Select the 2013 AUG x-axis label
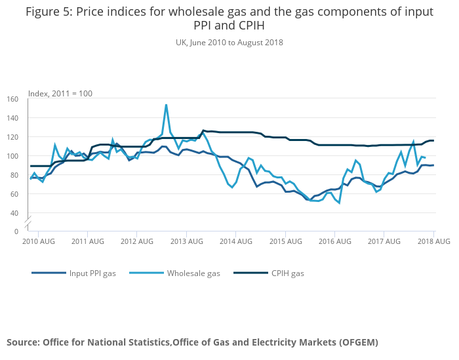(x=186, y=242)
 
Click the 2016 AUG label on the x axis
(x=334, y=242)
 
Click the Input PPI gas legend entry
(x=92, y=273)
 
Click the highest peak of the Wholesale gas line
(x=166, y=104)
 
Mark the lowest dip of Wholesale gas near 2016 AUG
(x=339, y=203)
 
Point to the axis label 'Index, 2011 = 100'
(x=60, y=94)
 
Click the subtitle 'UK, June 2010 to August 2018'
(x=229, y=43)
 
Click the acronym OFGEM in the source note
(x=357, y=342)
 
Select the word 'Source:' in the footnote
(x=23, y=342)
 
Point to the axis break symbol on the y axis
(x=28, y=224)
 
